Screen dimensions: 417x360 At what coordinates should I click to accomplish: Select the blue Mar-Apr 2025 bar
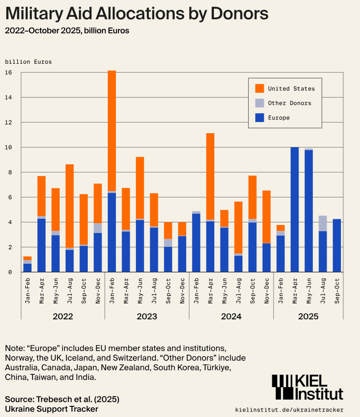pos(295,209)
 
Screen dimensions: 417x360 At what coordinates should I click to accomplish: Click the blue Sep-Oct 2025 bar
pos(337,245)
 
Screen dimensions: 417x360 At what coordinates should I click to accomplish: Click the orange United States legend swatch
pos(260,89)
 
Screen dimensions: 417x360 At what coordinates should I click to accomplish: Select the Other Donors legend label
pos(290,103)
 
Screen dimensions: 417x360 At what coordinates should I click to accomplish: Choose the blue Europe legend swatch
pos(260,118)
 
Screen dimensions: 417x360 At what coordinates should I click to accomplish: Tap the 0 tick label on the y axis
pos(9,272)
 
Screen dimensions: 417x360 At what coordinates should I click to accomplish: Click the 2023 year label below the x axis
pos(147,316)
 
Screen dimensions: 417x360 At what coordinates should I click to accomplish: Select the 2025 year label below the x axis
pos(308,316)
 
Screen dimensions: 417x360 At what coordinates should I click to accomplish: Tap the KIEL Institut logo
pos(307,387)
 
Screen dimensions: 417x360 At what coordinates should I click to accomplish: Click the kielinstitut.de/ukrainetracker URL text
pos(289,409)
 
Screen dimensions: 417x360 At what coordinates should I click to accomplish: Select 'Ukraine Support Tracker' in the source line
pos(51,409)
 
